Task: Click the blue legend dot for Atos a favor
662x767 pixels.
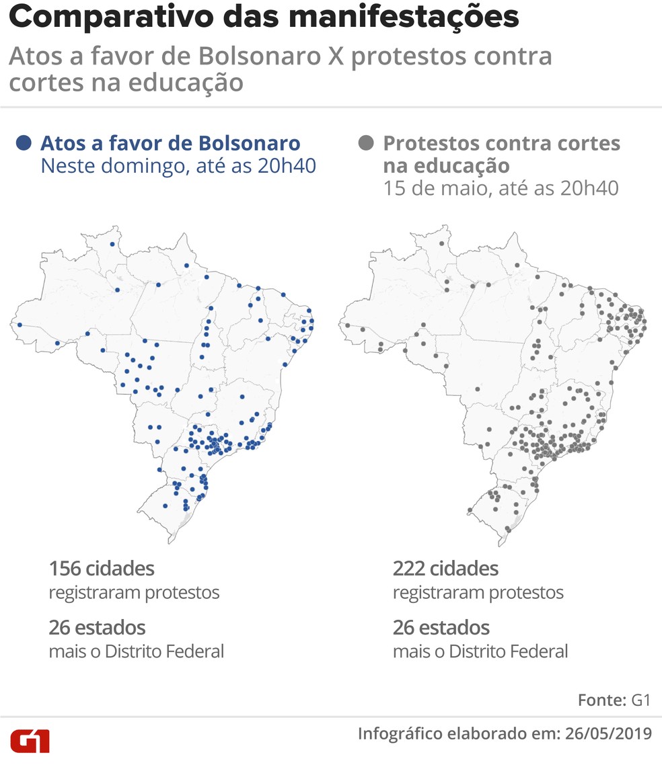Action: [24, 143]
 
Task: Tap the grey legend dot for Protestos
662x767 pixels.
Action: [366, 143]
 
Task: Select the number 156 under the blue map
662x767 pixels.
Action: [64, 569]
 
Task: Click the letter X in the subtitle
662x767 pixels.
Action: [336, 56]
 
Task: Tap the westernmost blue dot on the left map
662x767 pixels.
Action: [20, 325]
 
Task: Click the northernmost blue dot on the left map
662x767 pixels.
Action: [112, 245]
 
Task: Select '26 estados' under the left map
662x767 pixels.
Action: [97, 628]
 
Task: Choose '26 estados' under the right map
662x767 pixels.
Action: [441, 628]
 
